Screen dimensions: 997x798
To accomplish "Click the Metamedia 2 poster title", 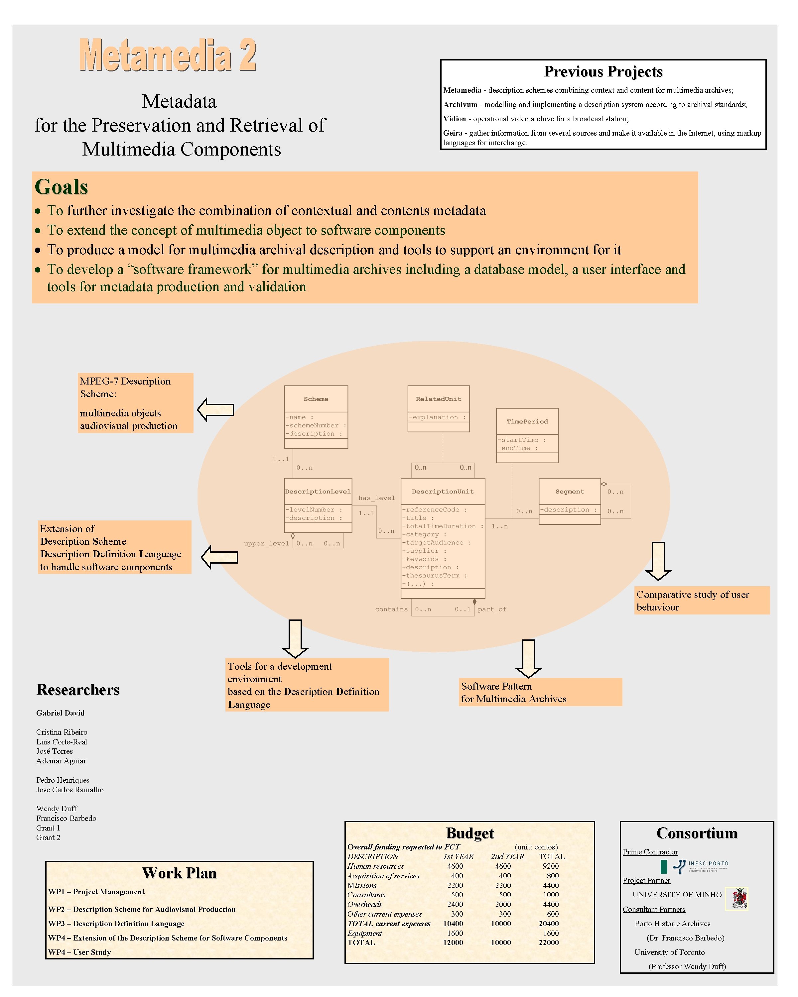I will [168, 55].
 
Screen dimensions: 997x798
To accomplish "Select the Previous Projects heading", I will [603, 72].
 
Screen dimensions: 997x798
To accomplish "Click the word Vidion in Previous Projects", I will [454, 119].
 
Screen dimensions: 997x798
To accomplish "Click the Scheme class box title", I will [316, 398].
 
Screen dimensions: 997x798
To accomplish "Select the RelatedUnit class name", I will [438, 398].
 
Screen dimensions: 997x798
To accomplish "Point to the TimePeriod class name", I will [527, 421].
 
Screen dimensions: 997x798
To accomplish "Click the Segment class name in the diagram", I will [570, 492].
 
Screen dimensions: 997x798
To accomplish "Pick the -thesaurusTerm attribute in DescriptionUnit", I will [434, 575].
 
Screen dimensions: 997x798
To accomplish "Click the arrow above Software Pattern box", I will [528, 658].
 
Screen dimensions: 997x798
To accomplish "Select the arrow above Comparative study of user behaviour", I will [658, 561].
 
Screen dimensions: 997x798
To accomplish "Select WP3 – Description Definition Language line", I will [116, 924].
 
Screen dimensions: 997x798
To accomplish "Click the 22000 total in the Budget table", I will [548, 942].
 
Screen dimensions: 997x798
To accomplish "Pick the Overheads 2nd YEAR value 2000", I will [502, 904].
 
